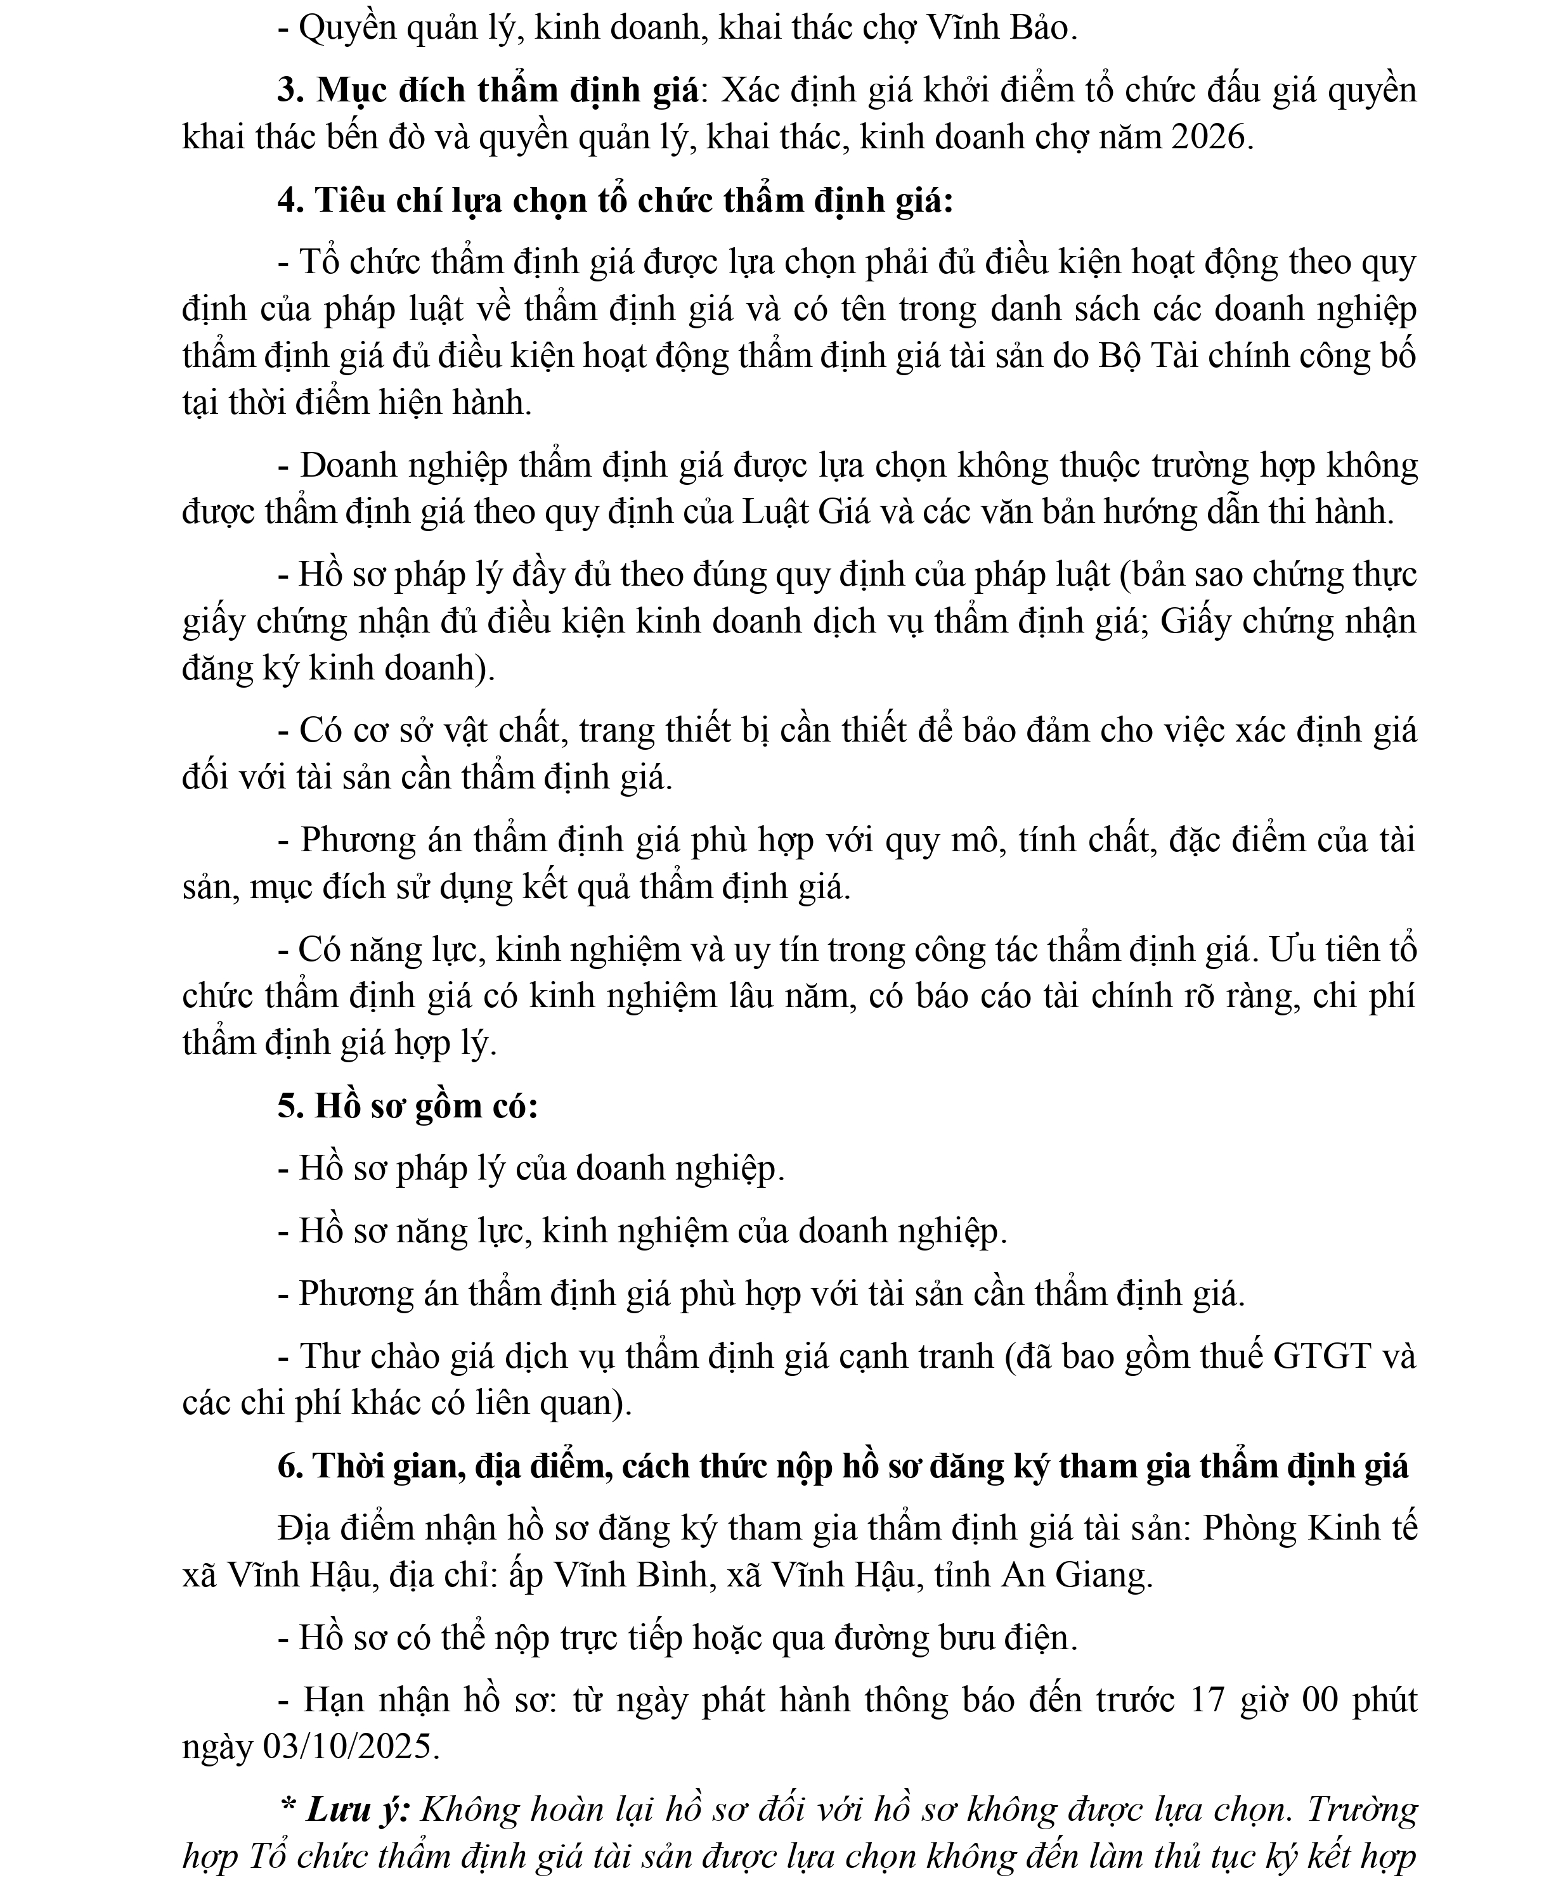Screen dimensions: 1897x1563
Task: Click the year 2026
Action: tap(1209, 138)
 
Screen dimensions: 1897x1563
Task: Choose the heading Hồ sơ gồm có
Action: tap(422, 1105)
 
